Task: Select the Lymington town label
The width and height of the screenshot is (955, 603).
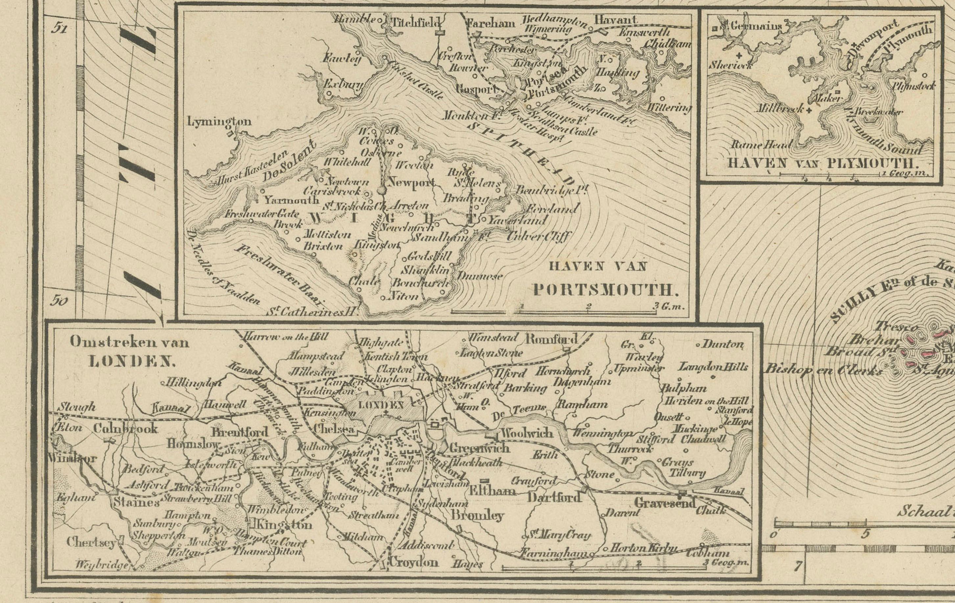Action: [219, 121]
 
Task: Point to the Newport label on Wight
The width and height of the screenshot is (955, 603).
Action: [411, 182]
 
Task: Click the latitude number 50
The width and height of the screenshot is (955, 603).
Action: [59, 301]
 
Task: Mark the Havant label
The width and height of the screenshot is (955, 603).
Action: [615, 19]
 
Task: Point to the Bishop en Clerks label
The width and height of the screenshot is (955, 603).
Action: [823, 370]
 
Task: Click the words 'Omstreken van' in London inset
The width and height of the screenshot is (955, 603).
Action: [129, 342]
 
